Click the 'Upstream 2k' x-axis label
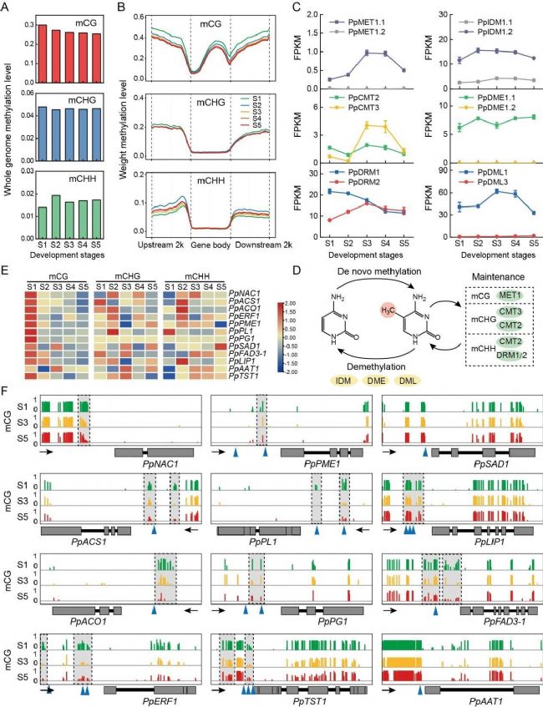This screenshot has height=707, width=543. coord(165,244)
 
